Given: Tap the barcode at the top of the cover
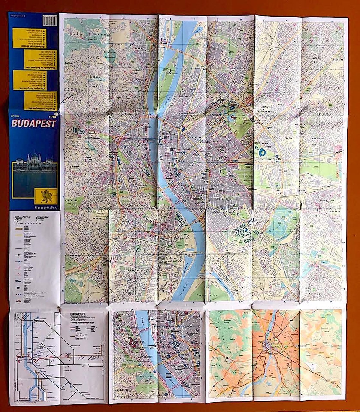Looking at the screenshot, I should point(51,20).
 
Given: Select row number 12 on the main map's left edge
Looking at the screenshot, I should point(63,288).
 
